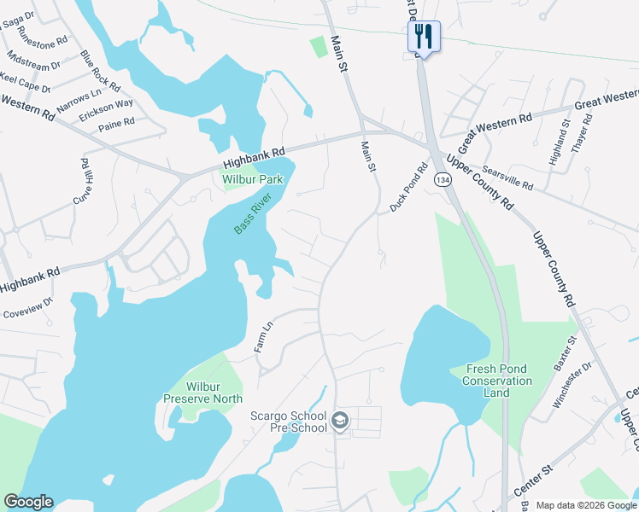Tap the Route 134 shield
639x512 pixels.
pos(442,180)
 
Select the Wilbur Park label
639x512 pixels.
pos(252,180)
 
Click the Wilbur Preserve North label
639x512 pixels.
pos(202,393)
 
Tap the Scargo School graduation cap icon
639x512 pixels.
pos(340,422)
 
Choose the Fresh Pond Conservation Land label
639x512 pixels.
pos(496,381)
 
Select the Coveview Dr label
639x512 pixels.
pos(29,308)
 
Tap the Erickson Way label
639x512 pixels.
pos(106,109)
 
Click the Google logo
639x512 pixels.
pos(28,502)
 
